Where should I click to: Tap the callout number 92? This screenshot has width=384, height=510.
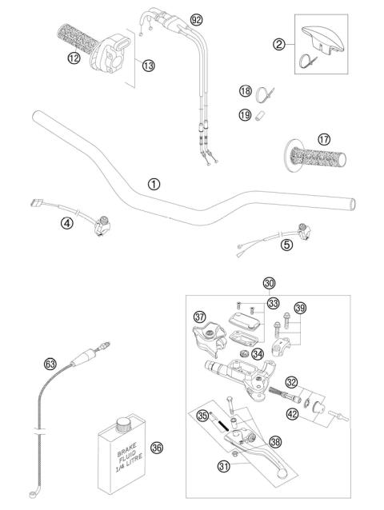pyautogui.click(x=196, y=18)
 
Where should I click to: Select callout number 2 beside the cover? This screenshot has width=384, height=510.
pyautogui.click(x=279, y=44)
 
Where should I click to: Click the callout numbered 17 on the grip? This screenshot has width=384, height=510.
pyautogui.click(x=324, y=139)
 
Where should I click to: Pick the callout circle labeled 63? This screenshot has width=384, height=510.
pyautogui.click(x=50, y=364)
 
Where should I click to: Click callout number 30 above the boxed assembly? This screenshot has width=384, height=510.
pyautogui.click(x=269, y=282)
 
